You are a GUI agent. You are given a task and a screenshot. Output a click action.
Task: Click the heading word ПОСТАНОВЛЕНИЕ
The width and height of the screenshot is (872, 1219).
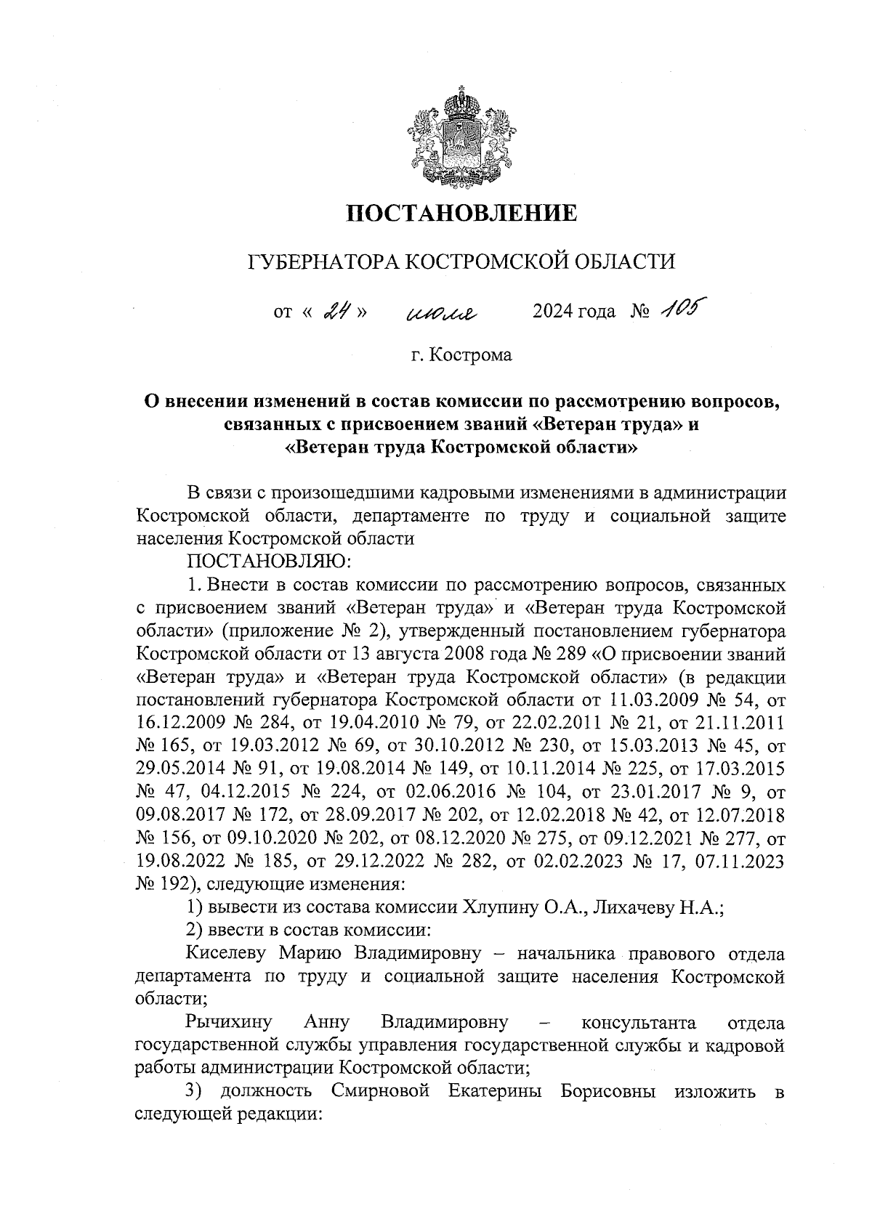click(461, 213)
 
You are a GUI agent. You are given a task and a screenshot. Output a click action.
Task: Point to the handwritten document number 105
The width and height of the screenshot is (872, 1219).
click(679, 309)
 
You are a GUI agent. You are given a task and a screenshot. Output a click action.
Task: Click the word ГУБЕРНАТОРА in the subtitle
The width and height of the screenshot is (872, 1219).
click(323, 261)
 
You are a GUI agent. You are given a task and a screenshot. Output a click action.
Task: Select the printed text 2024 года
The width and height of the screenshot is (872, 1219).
click(574, 312)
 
